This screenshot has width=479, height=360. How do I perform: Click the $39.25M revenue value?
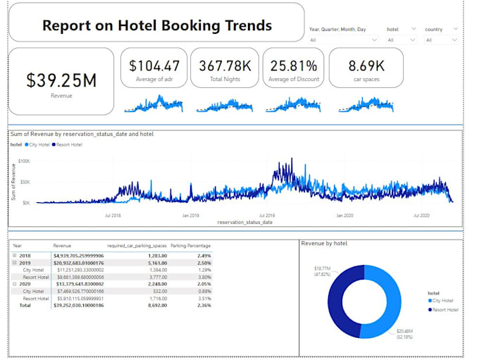[61, 80]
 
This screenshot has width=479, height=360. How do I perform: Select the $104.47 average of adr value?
[154, 66]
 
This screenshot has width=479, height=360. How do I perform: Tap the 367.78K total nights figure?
[225, 66]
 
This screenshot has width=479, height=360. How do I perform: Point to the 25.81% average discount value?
[293, 66]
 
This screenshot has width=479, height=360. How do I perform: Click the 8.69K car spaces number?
[366, 66]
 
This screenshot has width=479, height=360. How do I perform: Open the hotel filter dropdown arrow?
[417, 30]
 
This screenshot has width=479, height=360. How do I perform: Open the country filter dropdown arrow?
[455, 30]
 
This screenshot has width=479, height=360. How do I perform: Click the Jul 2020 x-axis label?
[422, 215]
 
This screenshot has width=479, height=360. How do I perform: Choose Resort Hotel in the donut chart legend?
[444, 309]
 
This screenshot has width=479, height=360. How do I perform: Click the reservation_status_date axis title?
[244, 222]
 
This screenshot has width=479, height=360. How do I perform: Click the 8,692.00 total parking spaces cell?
[152, 305]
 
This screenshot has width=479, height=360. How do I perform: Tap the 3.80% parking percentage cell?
[204, 277]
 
